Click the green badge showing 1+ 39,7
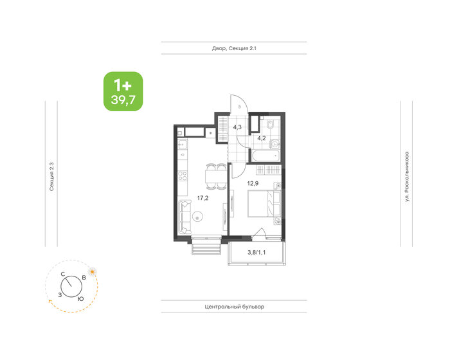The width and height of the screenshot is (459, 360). coord(123,91)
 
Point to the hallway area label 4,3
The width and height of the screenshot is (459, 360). coord(237,127)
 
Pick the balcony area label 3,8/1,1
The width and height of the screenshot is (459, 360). coord(258,252)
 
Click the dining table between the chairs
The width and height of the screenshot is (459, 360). coord(212,177)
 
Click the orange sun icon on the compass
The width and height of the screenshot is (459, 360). coord(93,272)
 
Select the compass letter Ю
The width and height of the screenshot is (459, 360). coord(80,299)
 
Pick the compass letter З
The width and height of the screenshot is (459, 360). coord(60,294)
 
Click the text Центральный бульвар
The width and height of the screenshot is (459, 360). coord(233,307)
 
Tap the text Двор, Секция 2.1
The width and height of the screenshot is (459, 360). coord(234,48)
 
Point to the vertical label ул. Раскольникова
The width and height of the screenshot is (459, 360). coord(407,177)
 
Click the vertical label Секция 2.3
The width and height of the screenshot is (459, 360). coord(51,177)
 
